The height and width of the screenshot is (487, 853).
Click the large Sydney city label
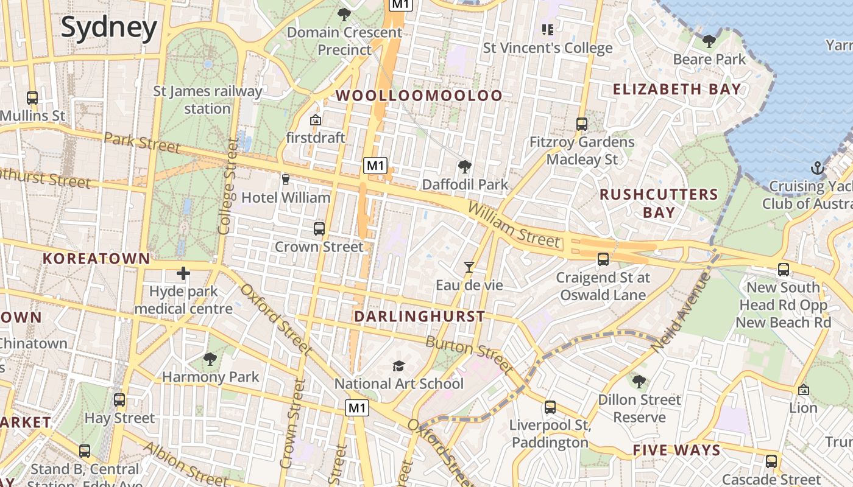tap(109, 27)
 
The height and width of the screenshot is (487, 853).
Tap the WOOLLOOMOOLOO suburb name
tap(419, 96)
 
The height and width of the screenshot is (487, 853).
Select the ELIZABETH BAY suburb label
tap(677, 89)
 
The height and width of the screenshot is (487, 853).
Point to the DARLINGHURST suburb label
tap(420, 317)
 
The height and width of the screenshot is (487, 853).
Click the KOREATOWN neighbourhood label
tap(96, 258)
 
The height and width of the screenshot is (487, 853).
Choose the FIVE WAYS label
tap(676, 450)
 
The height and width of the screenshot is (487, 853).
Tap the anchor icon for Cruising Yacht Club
tap(816, 168)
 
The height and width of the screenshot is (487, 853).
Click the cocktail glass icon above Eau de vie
tap(469, 267)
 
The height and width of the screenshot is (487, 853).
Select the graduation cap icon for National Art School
tap(398, 366)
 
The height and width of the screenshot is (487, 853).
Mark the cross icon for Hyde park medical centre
tap(183, 273)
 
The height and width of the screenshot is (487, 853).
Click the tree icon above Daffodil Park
tap(464, 166)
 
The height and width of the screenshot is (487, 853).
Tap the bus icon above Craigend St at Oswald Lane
tap(603, 259)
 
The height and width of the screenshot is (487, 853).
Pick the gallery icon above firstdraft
tap(315, 120)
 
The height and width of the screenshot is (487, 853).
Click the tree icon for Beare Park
tap(709, 41)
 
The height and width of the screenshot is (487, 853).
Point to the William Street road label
tap(514, 225)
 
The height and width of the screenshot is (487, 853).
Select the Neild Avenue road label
tap(681, 312)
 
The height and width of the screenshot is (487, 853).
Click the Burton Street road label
tap(469, 354)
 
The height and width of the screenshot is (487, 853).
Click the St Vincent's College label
tap(547, 48)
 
